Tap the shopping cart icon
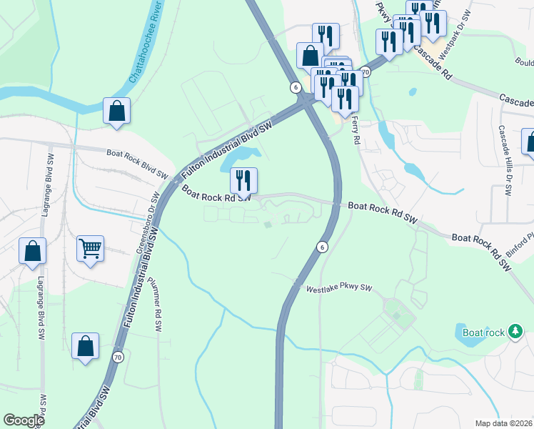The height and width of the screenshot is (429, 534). coord(91,249)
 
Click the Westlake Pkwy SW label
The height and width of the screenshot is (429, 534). coord(340,288)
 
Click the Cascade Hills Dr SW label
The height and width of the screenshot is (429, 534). coord(505,162)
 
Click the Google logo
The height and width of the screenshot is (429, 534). coord(24,420)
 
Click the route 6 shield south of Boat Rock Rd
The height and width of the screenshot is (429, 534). coord(322,247)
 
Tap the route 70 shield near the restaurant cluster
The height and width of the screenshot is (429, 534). coord(366,72)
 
